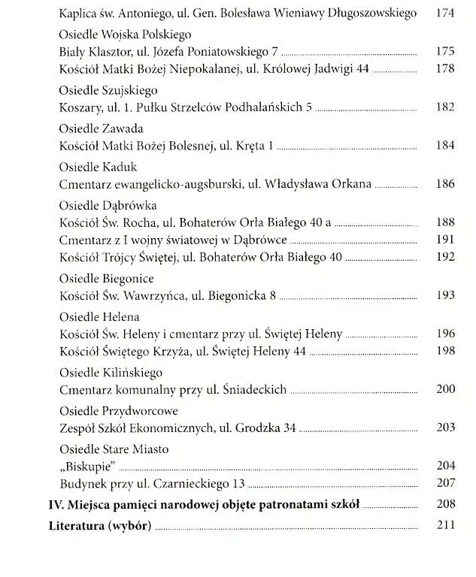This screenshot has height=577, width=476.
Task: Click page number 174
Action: coord(445,14)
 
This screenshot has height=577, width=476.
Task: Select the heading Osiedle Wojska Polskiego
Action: coord(125,35)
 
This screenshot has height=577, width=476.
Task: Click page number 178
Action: coord(445,69)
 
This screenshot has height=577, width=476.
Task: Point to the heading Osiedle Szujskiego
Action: coord(108,89)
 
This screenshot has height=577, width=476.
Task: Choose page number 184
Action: coord(445,145)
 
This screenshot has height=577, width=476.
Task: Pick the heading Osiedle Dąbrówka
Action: coord(110,205)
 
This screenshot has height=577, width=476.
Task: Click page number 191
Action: coord(445,240)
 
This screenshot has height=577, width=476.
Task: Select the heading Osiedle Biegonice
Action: coord(107,279)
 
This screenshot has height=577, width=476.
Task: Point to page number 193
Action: coord(445,296)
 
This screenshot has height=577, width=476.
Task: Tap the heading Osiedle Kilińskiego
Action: coord(111,373)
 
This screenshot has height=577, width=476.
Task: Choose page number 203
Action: coord(445,427)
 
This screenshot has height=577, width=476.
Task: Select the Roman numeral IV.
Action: coord(55,504)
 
